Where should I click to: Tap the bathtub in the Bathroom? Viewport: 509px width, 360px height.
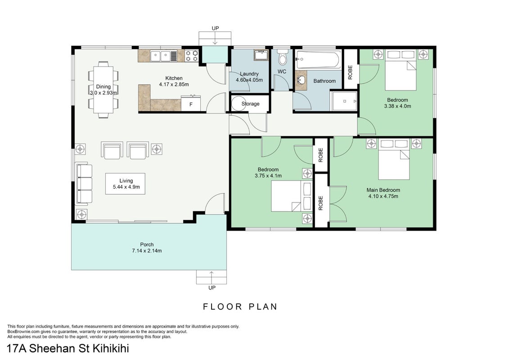(x=318, y=59)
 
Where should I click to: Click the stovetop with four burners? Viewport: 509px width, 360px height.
(x=192, y=55)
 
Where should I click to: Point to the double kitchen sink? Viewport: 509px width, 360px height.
(x=164, y=56)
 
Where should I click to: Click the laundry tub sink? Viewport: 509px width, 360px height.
(x=261, y=55)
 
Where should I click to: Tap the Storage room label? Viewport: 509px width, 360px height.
(x=250, y=104)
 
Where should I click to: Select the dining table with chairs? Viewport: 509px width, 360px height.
(x=103, y=89)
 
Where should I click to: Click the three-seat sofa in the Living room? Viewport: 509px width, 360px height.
(x=84, y=184)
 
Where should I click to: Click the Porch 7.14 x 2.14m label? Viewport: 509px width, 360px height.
(x=147, y=247)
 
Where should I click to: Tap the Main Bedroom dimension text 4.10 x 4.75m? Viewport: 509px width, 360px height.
(x=383, y=196)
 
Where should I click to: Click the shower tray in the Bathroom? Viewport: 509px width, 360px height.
(x=344, y=101)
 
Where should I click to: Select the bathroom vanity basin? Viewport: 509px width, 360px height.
(x=301, y=80)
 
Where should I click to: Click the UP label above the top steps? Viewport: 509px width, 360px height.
(x=215, y=28)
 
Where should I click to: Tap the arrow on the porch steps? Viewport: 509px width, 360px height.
(x=212, y=278)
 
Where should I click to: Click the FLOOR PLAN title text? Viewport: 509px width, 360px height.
(x=240, y=307)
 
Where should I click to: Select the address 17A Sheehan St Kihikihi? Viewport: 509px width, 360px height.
(x=68, y=349)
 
